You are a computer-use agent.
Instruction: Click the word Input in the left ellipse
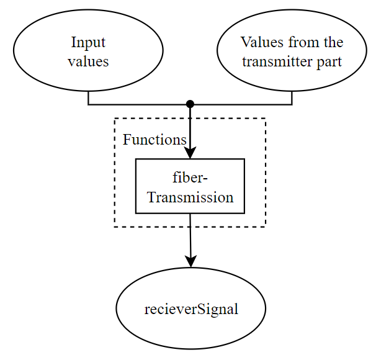pos(88,43)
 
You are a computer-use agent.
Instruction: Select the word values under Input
pos(88,61)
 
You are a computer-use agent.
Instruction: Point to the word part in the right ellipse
pos(329,62)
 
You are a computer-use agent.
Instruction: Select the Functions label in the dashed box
pos(154,140)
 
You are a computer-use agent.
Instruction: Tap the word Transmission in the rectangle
pos(190,197)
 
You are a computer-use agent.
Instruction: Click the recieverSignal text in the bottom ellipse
pos(190,309)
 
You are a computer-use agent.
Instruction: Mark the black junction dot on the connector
pos(190,104)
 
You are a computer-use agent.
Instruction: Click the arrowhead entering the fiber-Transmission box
pos(190,153)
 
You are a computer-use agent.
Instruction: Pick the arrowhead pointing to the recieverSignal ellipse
pos(191,261)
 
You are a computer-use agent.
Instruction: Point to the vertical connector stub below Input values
pos(89,98)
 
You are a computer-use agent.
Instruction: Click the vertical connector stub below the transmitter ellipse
pos(292,98)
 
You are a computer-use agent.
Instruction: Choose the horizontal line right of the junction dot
pos(242,104)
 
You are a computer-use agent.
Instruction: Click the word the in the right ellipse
pos(331,43)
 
